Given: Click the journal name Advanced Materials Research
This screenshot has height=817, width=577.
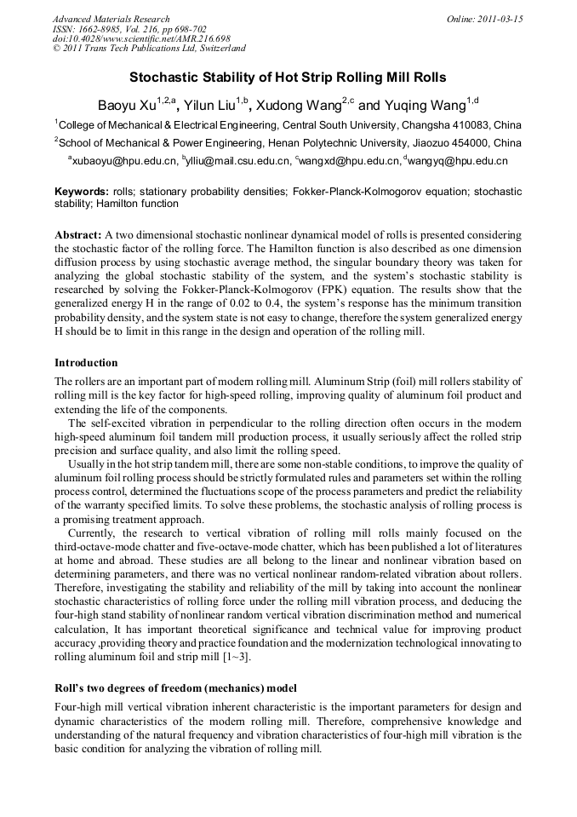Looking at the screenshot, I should point(111,19).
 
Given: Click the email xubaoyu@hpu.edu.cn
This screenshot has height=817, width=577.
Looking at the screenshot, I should point(125,160).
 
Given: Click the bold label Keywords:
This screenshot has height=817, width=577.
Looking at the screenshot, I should point(81,192).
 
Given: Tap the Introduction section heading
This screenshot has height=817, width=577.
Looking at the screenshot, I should point(86,362).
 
